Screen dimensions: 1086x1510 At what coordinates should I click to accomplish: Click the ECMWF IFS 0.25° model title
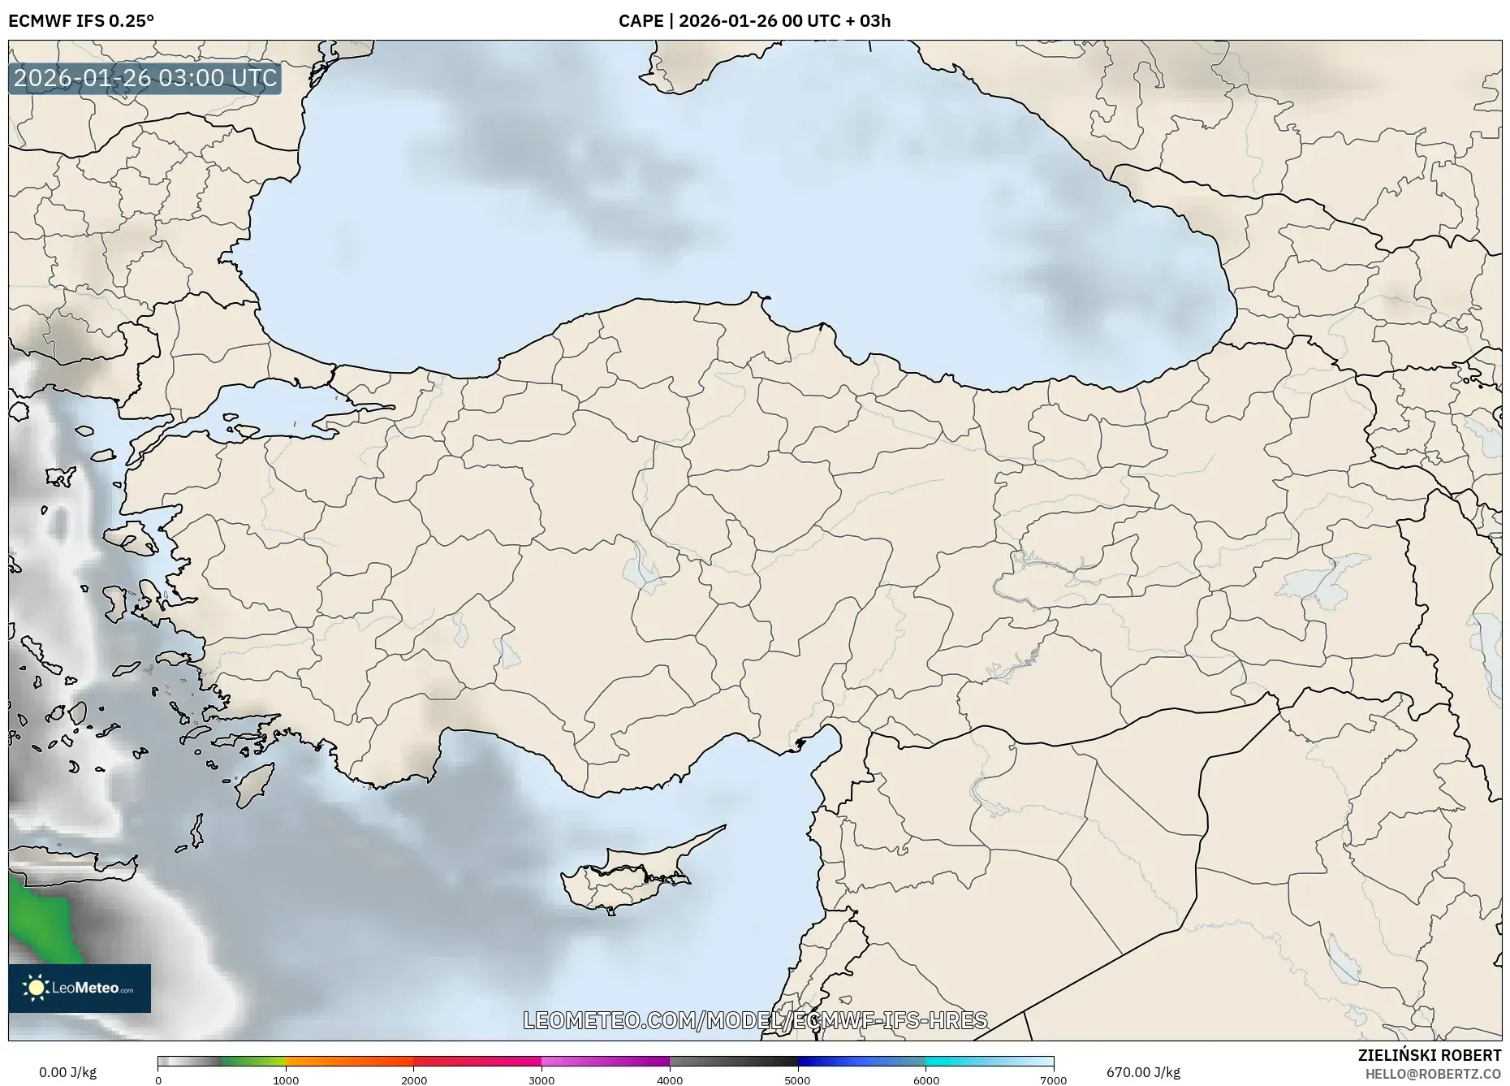click(x=81, y=21)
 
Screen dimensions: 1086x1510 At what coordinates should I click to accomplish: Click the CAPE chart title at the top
click(x=754, y=21)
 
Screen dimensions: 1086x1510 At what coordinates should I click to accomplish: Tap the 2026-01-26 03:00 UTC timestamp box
click(x=145, y=79)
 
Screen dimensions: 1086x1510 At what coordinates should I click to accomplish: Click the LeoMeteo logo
click(x=80, y=988)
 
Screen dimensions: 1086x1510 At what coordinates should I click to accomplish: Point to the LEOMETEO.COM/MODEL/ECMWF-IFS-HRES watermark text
click(x=755, y=1020)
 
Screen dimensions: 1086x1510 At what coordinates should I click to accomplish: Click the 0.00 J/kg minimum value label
click(x=68, y=1072)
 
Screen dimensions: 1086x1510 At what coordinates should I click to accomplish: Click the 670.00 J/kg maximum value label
click(x=1143, y=1072)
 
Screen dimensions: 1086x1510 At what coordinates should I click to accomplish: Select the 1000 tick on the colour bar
click(x=286, y=1080)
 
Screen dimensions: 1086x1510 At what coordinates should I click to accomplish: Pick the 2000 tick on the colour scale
click(x=414, y=1080)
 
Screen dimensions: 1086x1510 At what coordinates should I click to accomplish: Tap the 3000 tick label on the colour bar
click(x=541, y=1080)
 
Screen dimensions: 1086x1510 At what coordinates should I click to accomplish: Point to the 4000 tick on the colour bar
click(x=670, y=1080)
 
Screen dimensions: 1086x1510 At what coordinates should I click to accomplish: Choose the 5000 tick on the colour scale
click(x=798, y=1080)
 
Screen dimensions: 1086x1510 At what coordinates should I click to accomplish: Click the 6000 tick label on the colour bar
click(x=925, y=1080)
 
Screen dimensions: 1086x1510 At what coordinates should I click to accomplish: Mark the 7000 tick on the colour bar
click(x=1053, y=1080)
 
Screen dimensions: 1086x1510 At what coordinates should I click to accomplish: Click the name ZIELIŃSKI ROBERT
click(x=1429, y=1055)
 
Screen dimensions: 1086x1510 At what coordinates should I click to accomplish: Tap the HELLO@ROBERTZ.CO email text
click(x=1433, y=1074)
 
